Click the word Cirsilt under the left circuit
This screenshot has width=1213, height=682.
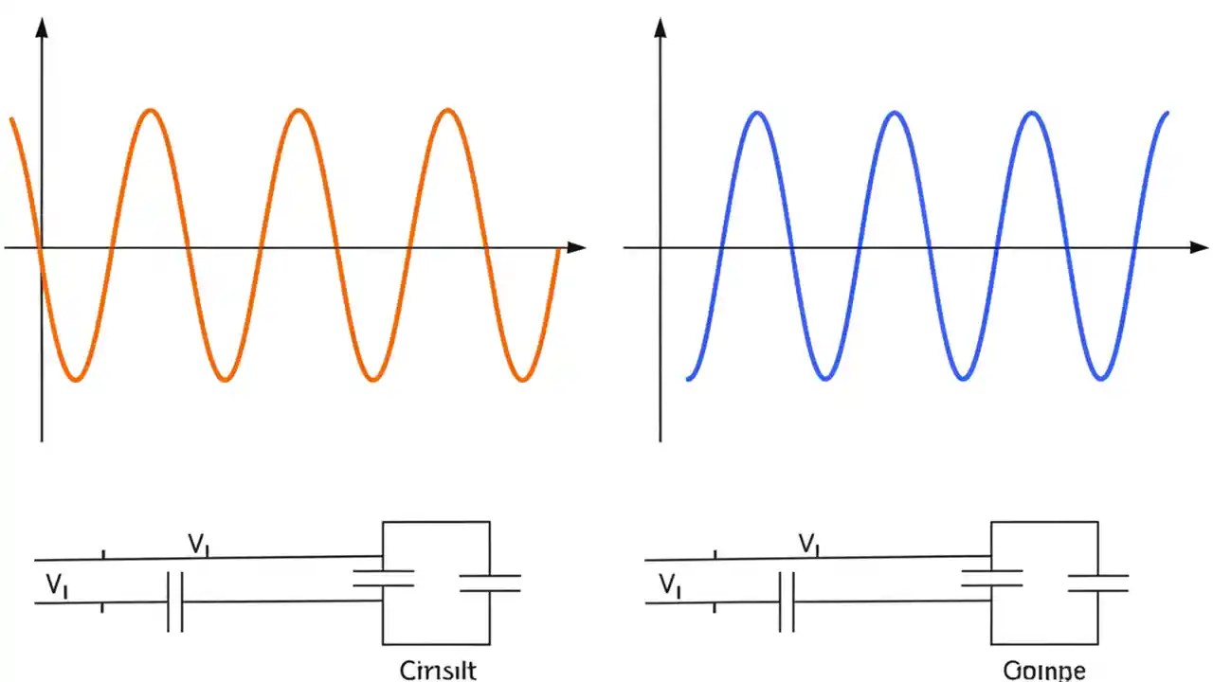pyautogui.click(x=438, y=671)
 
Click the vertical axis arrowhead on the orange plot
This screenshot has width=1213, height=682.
pyautogui.click(x=42, y=27)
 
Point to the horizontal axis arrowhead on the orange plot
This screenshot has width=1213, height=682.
pyautogui.click(x=576, y=247)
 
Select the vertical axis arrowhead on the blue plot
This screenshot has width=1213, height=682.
pyautogui.click(x=661, y=27)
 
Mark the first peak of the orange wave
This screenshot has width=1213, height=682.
pyautogui.click(x=150, y=112)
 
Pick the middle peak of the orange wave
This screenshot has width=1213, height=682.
pyautogui.click(x=299, y=112)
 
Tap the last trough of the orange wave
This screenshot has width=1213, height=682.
pyautogui.click(x=522, y=380)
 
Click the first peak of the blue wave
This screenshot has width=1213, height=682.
pyautogui.click(x=757, y=114)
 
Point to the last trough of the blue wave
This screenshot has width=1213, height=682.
pyautogui.click(x=1100, y=379)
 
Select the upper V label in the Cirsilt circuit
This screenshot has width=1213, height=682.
pyautogui.click(x=198, y=544)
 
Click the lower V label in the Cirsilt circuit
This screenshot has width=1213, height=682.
pyautogui.click(x=56, y=585)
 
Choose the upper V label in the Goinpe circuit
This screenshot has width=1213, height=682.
pyautogui.click(x=808, y=544)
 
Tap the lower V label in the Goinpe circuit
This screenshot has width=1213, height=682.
pyautogui.click(x=669, y=585)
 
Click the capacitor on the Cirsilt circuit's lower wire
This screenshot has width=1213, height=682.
pyautogui.click(x=174, y=601)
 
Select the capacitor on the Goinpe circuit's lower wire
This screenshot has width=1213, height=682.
pyautogui.click(x=787, y=601)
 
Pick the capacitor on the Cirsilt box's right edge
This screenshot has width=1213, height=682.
pyautogui.click(x=490, y=583)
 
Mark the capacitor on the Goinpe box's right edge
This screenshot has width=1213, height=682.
pyautogui.click(x=1098, y=583)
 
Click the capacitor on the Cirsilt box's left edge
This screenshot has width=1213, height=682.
pyautogui.click(x=383, y=578)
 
